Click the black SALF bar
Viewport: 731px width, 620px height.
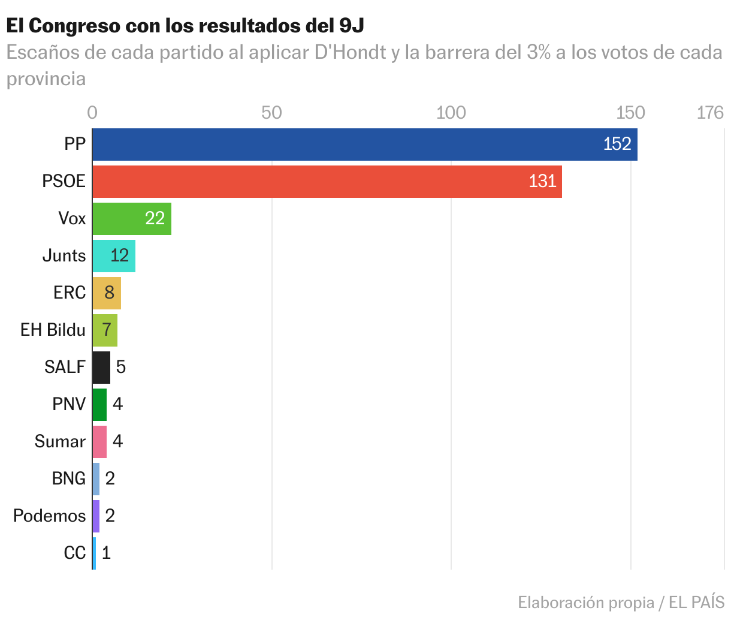click(101, 368)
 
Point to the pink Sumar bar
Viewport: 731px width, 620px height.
click(99, 442)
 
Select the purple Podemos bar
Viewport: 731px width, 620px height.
click(96, 516)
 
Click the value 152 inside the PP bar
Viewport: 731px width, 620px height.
click(617, 145)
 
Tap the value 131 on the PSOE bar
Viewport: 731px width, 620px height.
click(542, 182)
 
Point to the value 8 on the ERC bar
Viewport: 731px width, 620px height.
click(109, 293)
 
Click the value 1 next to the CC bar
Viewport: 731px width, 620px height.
click(106, 553)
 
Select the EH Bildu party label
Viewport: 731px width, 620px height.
click(53, 330)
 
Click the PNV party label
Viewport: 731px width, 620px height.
click(69, 405)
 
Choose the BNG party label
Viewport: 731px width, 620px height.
click(69, 479)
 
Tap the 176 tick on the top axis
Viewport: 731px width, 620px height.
click(710, 113)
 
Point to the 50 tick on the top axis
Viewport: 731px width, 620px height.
click(271, 113)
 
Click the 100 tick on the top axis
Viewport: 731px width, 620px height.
click(451, 113)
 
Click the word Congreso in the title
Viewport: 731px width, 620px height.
click(74, 26)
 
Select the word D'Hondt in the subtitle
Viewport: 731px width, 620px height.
click(351, 53)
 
